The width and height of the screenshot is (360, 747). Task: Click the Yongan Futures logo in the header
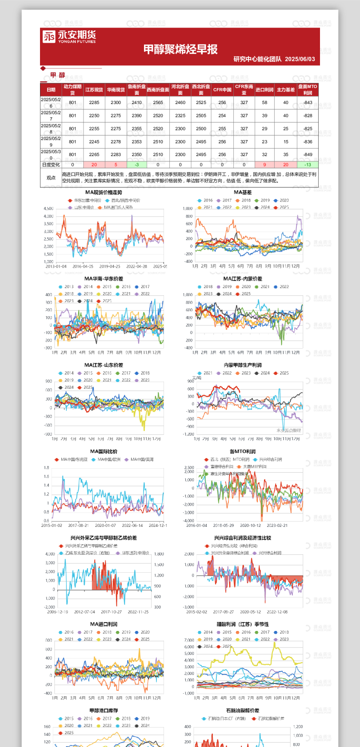click(69, 36)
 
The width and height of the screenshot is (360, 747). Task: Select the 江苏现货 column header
click(94, 90)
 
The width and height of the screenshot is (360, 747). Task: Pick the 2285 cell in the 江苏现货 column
click(94, 103)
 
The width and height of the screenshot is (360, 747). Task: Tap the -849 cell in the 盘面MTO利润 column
click(308, 155)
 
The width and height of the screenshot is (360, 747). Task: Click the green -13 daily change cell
click(308, 165)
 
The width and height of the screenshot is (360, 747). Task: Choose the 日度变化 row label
click(51, 165)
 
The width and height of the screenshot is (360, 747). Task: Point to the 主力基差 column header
click(286, 90)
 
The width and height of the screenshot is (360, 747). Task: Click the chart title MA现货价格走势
click(104, 193)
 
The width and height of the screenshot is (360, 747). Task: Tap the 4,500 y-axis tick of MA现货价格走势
click(48, 209)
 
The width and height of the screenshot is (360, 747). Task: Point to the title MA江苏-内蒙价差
click(243, 279)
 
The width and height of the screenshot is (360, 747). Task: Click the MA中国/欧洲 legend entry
click(109, 460)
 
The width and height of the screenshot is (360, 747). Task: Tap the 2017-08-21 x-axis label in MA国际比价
click(78, 526)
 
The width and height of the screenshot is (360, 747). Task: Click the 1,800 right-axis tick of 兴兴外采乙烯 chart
click(159, 554)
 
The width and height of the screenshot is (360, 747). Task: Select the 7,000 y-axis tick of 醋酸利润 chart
click(189, 641)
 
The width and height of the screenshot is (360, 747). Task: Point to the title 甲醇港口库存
click(104, 711)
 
